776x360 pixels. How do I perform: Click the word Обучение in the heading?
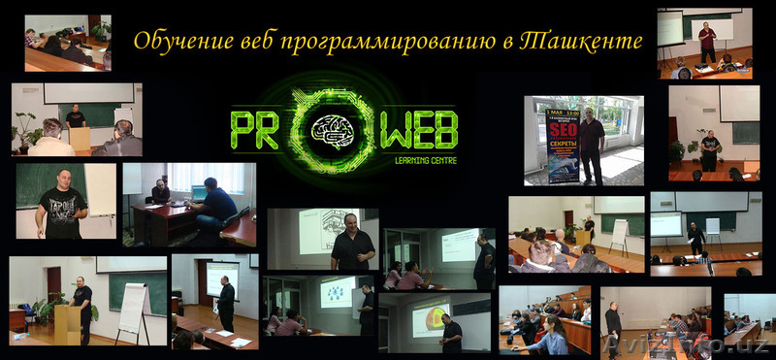[174, 41]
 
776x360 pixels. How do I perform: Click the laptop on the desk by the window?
[199, 193]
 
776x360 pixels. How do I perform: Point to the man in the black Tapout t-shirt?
[63, 203]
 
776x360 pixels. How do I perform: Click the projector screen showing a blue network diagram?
[337, 291]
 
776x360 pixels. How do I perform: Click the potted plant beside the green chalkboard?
[26, 131]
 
